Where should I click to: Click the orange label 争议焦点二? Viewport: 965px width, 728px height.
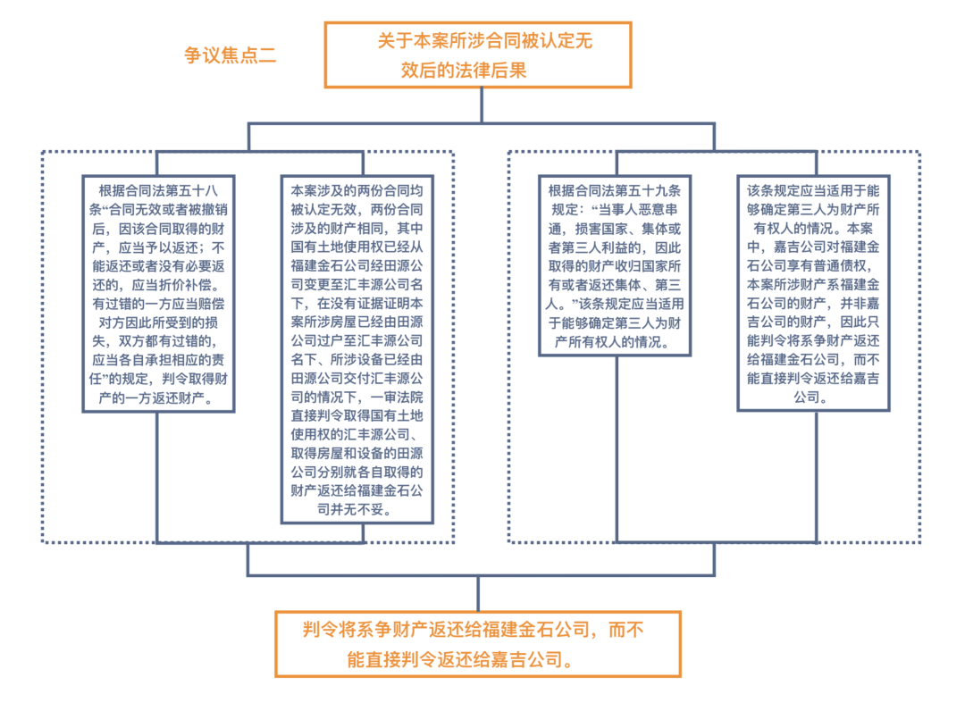230,55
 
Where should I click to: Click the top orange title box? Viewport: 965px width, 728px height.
477,54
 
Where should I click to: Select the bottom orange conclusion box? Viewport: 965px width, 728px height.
477,644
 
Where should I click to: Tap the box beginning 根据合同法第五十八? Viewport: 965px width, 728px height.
158,294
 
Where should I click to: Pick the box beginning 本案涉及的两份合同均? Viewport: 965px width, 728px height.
356,349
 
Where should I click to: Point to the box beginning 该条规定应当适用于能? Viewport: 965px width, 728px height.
812,294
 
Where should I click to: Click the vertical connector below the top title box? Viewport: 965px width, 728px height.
482,105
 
